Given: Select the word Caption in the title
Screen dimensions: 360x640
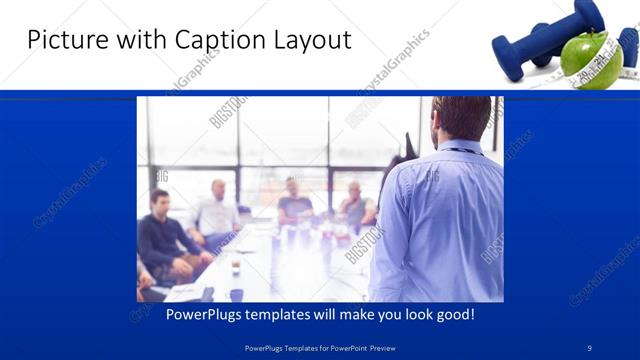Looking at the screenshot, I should coord(215,40).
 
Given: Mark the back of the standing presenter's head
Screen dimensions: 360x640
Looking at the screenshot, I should coord(462,116).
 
